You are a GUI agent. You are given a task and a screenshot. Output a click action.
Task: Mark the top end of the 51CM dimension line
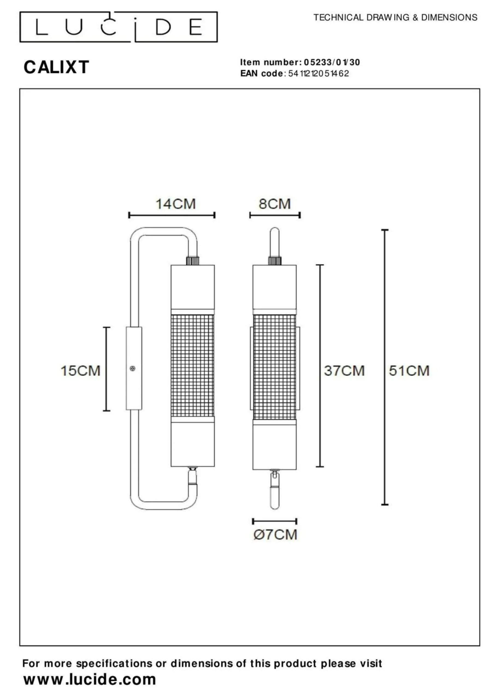(385, 230)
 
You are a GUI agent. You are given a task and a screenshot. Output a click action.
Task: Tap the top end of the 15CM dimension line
(106, 328)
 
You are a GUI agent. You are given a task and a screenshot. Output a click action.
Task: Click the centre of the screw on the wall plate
(132, 369)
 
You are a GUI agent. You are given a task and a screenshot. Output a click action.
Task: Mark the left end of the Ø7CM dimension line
(253, 521)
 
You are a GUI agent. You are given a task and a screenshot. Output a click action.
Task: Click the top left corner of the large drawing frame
(20, 89)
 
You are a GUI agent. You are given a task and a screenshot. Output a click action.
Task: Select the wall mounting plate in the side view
(134, 368)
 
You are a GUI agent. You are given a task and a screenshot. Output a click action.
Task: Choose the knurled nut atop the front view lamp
(275, 261)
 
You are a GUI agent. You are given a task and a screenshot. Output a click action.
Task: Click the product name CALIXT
(56, 67)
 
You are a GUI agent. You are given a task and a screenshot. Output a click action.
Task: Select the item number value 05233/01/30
(332, 62)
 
